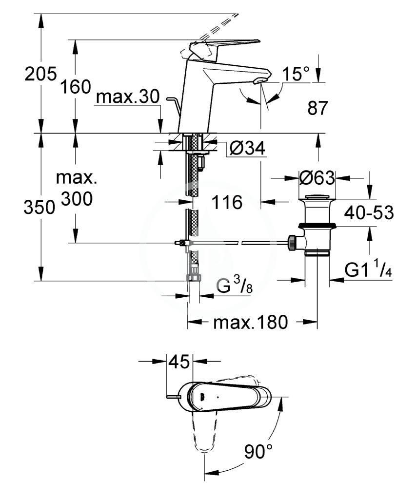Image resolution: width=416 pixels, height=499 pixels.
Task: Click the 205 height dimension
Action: [x=41, y=74]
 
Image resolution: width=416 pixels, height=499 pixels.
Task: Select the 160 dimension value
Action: [x=76, y=87]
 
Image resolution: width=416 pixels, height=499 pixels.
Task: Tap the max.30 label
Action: [x=127, y=96]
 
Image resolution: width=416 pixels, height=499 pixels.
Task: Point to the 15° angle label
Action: [x=296, y=74]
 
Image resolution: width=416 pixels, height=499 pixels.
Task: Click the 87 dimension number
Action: [x=317, y=108]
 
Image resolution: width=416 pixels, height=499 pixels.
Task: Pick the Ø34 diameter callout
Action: [x=247, y=148]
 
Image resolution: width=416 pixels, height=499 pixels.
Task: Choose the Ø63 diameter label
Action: [x=317, y=178]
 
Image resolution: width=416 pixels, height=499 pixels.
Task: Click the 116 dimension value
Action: [x=227, y=202]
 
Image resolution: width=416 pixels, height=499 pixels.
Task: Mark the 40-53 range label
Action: [x=369, y=212]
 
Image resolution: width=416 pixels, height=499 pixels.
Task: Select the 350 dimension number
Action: [x=40, y=208]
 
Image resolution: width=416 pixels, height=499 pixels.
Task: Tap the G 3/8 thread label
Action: [x=235, y=285]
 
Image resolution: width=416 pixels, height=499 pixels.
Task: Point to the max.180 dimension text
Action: [x=251, y=322]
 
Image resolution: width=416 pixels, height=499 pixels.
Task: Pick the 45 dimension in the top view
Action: [x=179, y=362]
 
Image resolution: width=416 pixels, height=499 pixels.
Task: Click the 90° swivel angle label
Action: [x=258, y=451]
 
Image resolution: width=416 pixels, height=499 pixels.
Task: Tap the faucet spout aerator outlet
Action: [x=259, y=82]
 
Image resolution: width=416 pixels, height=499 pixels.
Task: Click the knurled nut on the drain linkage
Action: [x=292, y=243]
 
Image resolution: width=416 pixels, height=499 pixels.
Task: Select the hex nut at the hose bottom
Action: [x=193, y=276]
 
